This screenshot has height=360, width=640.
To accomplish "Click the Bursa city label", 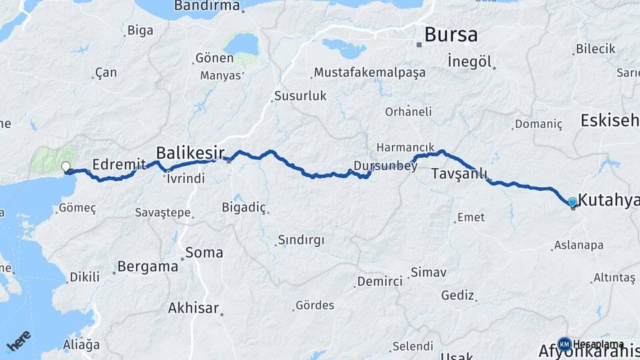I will pyautogui.click(x=451, y=34).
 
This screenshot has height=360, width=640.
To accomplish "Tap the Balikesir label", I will pyautogui.click(x=190, y=151).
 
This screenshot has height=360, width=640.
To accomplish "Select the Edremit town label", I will pyautogui.click(x=119, y=163).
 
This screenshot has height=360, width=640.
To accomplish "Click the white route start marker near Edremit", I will pyautogui.click(x=66, y=167).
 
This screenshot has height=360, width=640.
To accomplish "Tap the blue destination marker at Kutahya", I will pyautogui.click(x=572, y=202).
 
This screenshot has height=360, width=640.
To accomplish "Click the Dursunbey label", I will pyautogui.click(x=386, y=166).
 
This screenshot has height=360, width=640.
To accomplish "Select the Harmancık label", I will pyautogui.click(x=405, y=147).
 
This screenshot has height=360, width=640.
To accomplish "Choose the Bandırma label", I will pyautogui.click(x=207, y=6).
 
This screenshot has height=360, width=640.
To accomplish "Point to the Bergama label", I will pyautogui.click(x=148, y=267).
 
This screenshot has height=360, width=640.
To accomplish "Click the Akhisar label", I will pyautogui.click(x=193, y=308).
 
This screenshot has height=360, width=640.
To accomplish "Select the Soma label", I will pyautogui.click(x=204, y=253).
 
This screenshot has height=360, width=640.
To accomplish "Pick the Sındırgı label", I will pyautogui.click(x=301, y=240).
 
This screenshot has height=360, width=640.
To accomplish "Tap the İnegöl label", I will pyautogui.click(x=470, y=62).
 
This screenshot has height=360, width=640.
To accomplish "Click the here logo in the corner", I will pyautogui.click(x=19, y=341).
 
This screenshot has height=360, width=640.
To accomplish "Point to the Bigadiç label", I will pyautogui.click(x=243, y=207).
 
